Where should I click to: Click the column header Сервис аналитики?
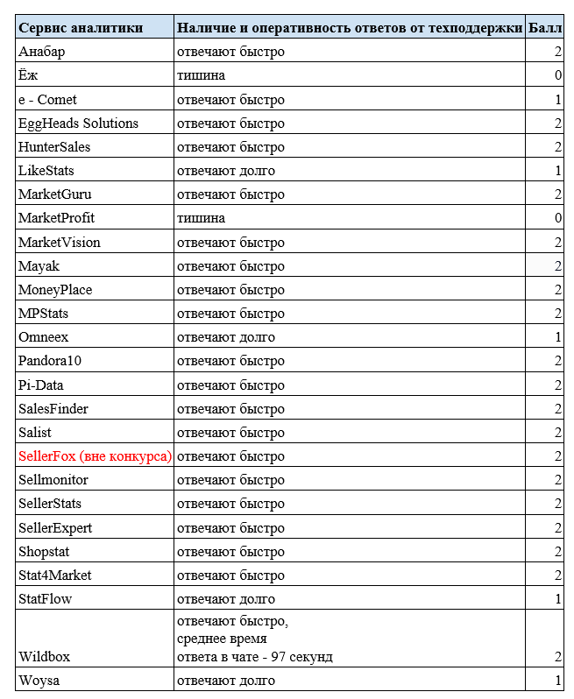81,28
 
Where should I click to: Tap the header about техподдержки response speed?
350,28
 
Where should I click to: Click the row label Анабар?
42,52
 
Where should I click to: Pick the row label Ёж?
28,75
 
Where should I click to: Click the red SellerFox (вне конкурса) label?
95,456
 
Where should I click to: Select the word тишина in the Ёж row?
201,75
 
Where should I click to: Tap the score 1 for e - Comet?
557,100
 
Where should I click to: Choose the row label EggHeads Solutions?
78,124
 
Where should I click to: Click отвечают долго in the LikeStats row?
226,171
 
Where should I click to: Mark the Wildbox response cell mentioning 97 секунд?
254,639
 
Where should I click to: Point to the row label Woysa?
39,681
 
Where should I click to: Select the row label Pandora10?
50,361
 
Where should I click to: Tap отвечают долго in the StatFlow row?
226,599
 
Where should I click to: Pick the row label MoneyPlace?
55,290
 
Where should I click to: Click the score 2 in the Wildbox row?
557,656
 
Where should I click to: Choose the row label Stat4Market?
54,575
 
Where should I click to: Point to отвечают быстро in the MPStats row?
230,314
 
